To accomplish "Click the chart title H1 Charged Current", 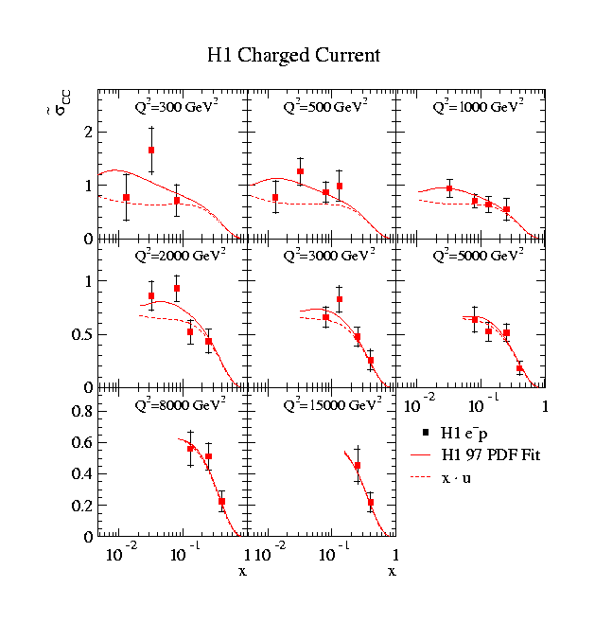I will (x=293, y=55).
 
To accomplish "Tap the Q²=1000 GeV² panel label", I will (x=478, y=107).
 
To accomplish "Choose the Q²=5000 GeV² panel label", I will (x=478, y=256).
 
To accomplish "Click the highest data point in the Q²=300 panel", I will (x=151, y=150).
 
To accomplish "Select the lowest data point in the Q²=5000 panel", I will (x=519, y=367).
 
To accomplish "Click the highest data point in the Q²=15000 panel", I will (x=358, y=466).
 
